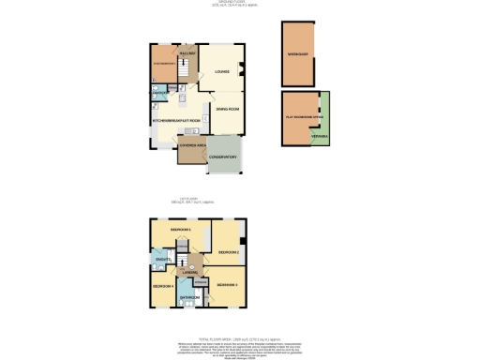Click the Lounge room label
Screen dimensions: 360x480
tap(223, 71)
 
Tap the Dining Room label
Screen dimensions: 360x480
tap(228, 110)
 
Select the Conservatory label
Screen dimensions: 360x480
tap(221, 157)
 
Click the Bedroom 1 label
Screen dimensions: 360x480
tap(180, 230)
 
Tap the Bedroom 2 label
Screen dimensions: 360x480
tap(229, 252)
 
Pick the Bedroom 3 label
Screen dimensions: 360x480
tap(228, 284)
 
